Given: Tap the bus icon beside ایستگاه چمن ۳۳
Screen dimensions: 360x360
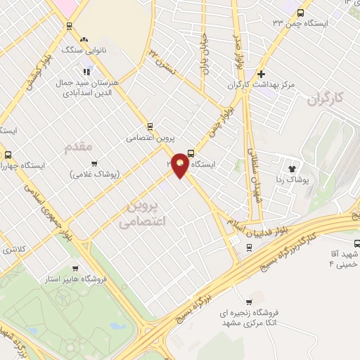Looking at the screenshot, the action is [x=301, y=13].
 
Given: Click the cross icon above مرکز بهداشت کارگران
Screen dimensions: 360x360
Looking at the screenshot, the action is [x=261, y=73].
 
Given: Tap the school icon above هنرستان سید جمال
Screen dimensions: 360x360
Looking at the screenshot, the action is [x=87, y=70].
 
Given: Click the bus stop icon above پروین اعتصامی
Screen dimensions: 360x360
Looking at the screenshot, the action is [x=150, y=127].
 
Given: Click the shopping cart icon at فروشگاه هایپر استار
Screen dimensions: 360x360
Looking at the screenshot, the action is [x=75, y=268].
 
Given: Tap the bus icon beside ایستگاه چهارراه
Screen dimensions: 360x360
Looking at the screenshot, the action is [x=8, y=155].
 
